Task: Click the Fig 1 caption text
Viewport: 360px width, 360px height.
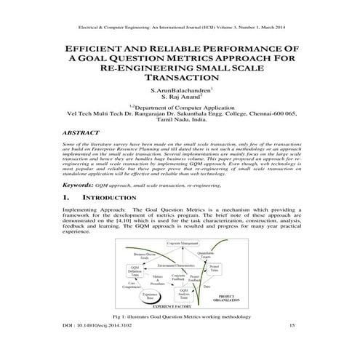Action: click(x=179, y=317)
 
